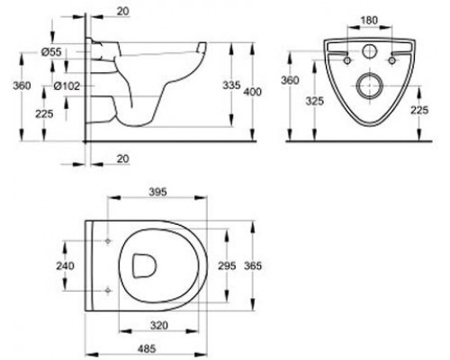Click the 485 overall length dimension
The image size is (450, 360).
coord(147,348)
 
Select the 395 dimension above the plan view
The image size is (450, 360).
coord(157,192)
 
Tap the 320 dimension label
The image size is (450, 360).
coord(158,326)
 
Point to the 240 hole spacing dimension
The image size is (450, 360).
coord(65,265)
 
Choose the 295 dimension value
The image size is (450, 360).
coord(227,265)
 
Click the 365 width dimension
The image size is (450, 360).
coord(253,265)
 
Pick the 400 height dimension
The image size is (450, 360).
coord(252,92)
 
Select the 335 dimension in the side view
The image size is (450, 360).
coord(231,85)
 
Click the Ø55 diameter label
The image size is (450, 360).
coord(51,52)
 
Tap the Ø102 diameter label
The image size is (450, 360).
coord(67,86)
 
